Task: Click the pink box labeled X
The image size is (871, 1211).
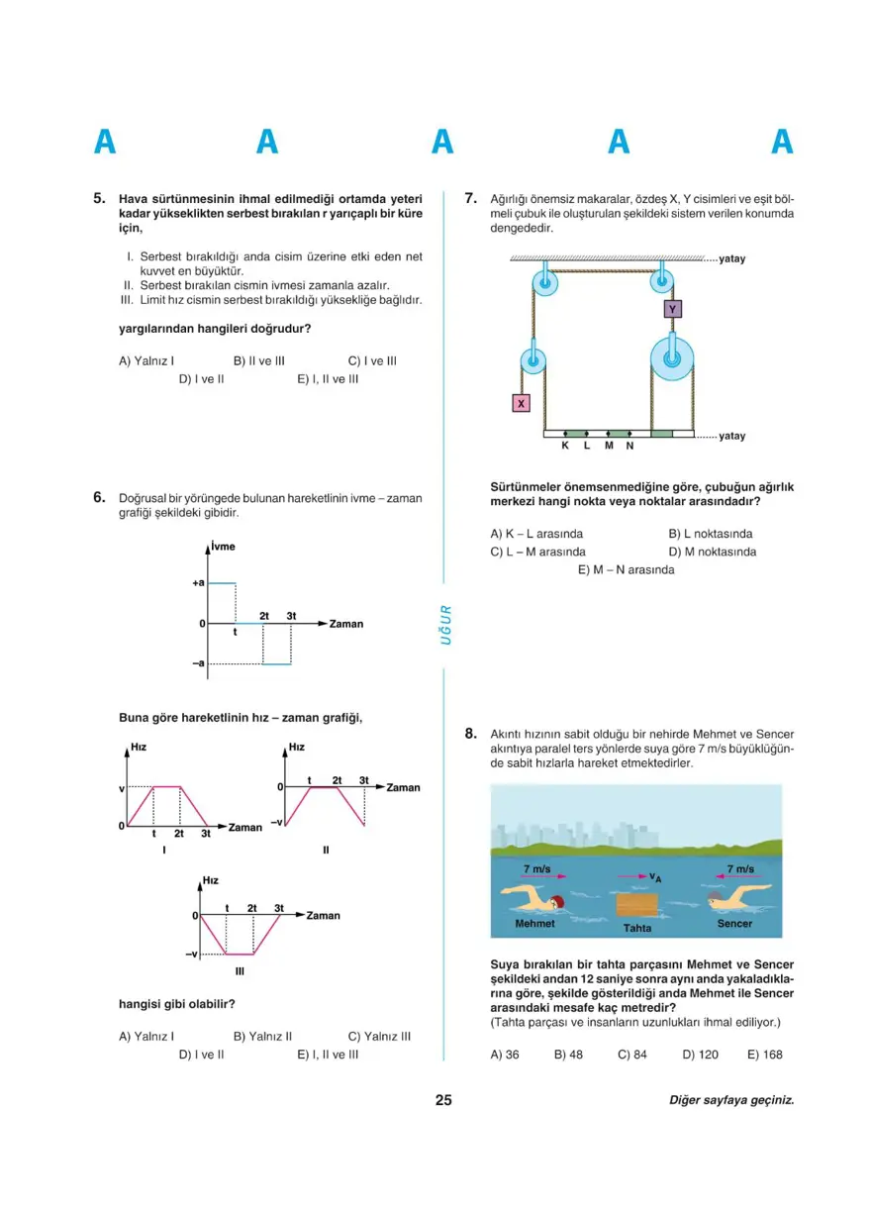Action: tap(521, 403)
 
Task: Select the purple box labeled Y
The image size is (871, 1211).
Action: tap(673, 309)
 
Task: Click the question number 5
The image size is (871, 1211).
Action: tap(99, 198)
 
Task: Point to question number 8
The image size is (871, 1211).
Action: tap(471, 734)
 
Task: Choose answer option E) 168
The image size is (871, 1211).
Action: tap(764, 1055)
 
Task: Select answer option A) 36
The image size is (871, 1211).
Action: tap(505, 1055)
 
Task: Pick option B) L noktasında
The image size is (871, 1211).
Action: tap(710, 534)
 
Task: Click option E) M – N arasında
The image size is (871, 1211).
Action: tap(626, 569)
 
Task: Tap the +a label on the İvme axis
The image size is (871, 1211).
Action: tap(198, 583)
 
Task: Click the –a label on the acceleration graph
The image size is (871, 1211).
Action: tap(198, 663)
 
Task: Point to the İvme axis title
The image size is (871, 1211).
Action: tap(224, 547)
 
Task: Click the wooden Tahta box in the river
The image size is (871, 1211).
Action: tap(636, 905)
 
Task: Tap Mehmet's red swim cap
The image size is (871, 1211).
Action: tap(557, 901)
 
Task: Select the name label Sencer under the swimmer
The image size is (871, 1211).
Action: tap(733, 924)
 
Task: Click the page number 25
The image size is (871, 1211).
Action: tap(443, 1099)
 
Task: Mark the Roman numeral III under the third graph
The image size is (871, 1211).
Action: tap(240, 971)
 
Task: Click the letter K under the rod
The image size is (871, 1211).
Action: tap(565, 447)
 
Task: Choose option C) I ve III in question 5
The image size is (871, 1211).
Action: tap(372, 361)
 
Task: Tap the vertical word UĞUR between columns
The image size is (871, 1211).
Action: tap(445, 626)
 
